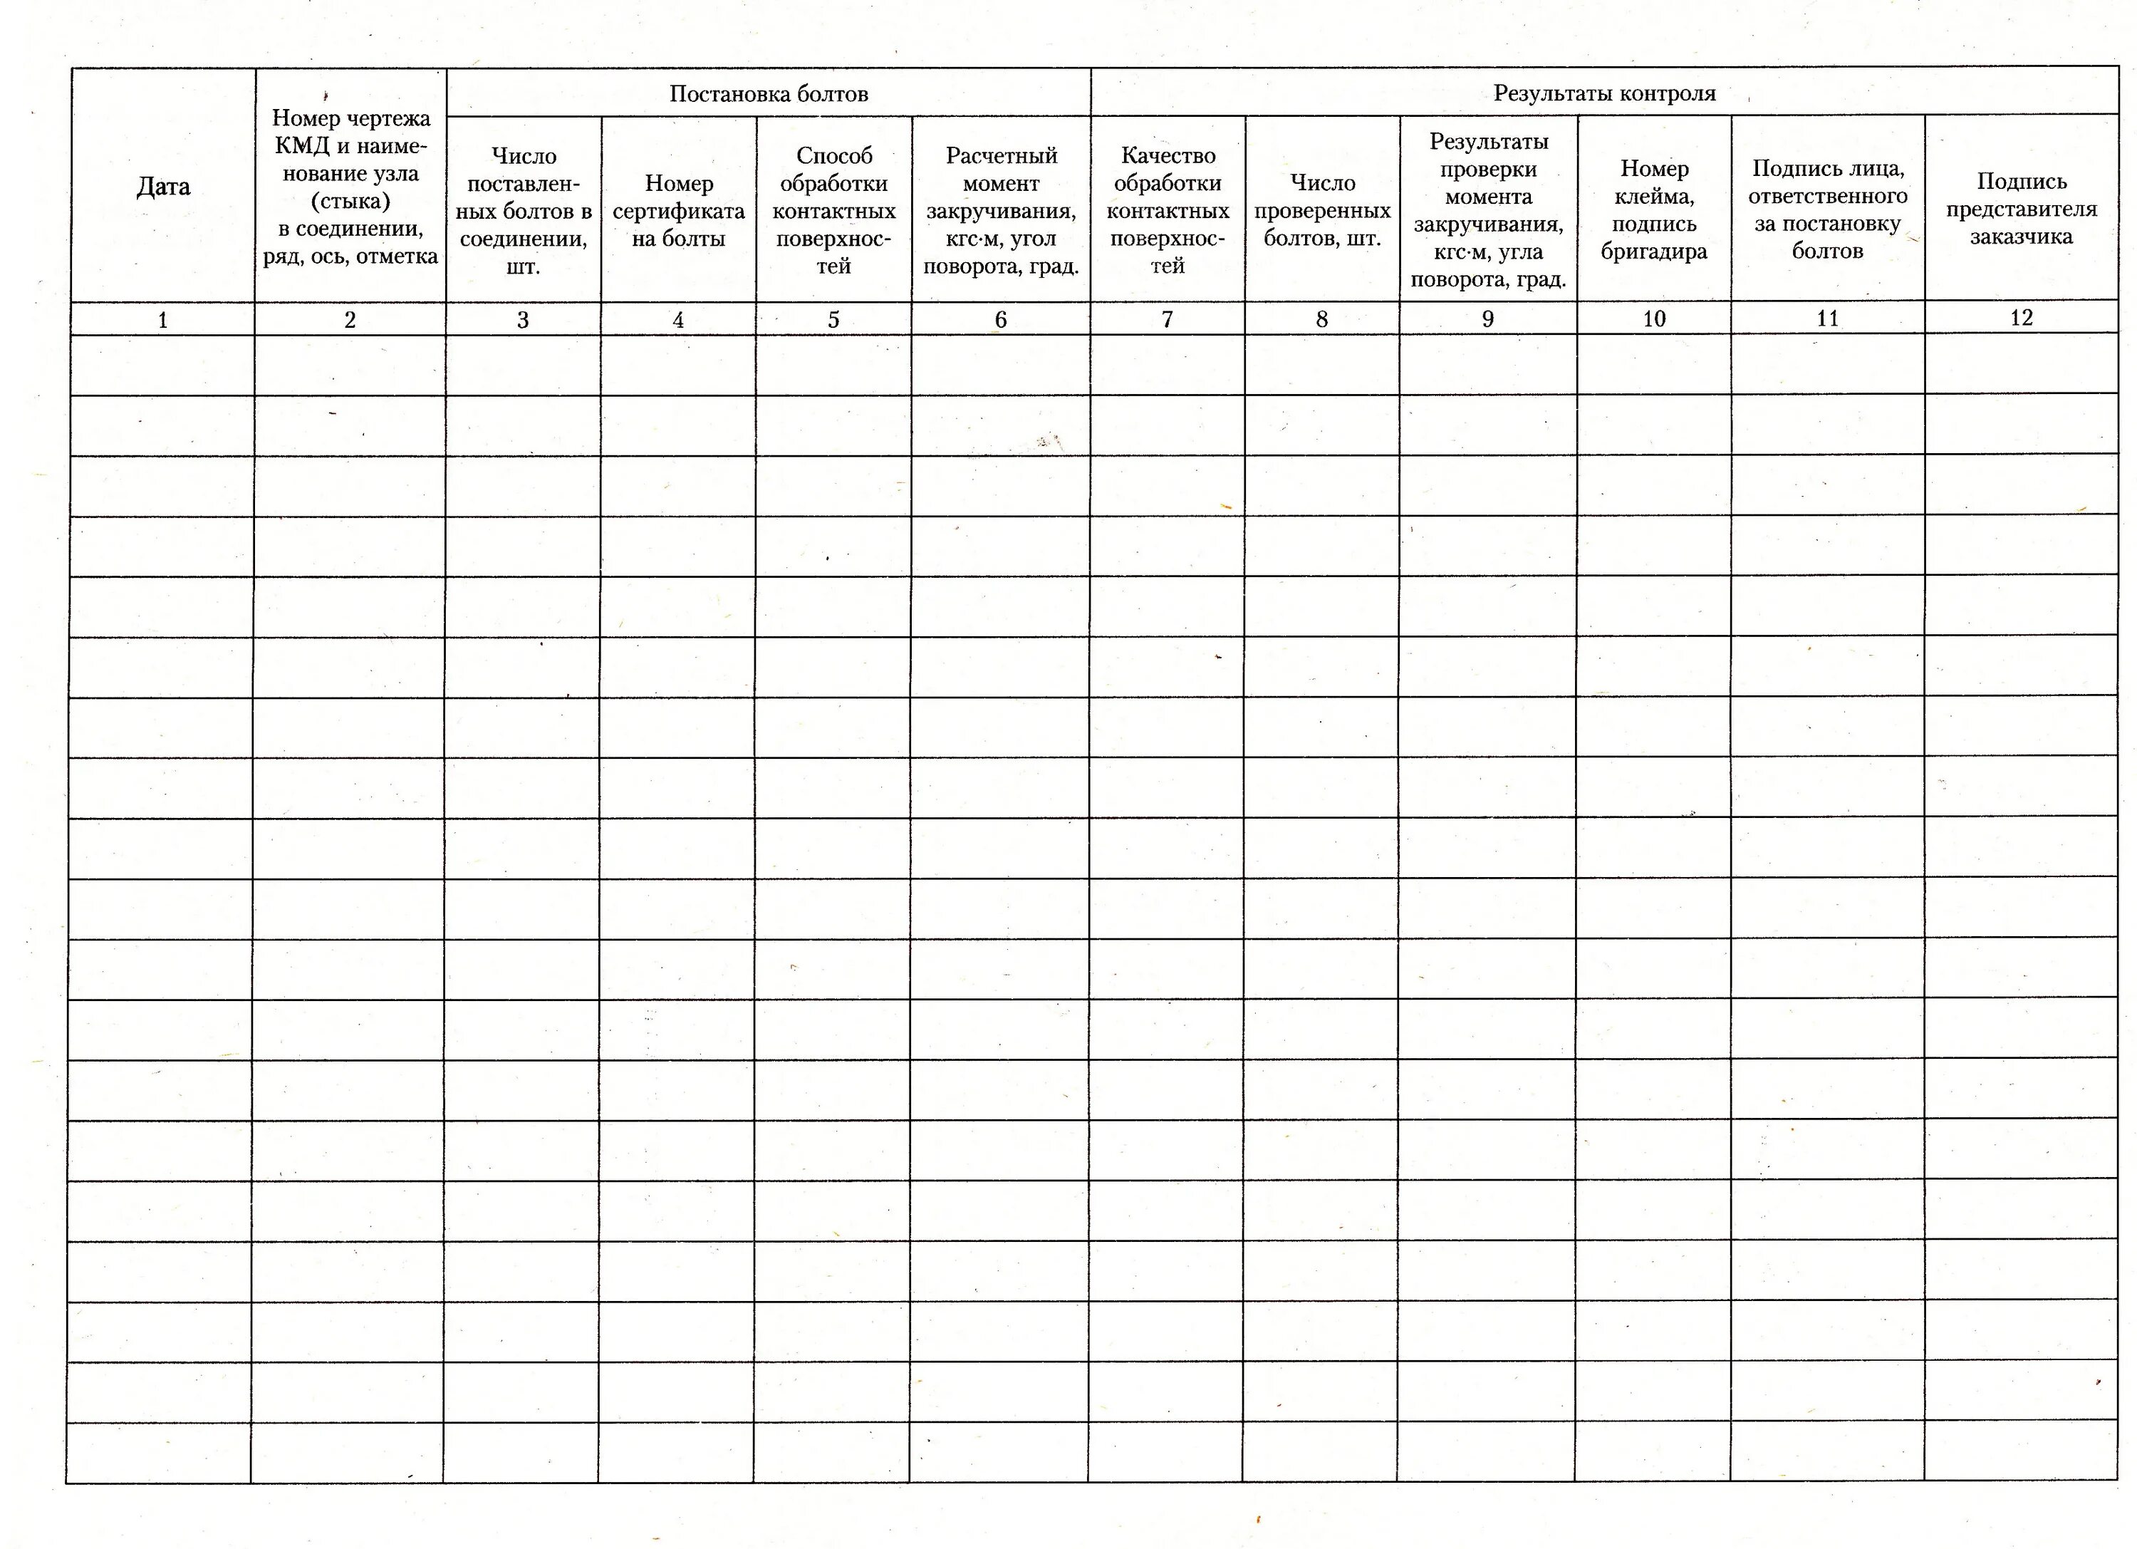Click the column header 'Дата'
click(x=163, y=187)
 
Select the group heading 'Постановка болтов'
click(x=768, y=93)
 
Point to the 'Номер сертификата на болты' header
click(x=678, y=211)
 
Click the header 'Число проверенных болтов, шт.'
click(x=1322, y=211)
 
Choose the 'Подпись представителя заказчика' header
click(x=2021, y=208)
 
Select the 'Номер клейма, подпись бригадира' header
click(x=1653, y=210)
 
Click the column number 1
click(x=162, y=321)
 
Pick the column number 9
click(x=1488, y=319)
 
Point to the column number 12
click(x=2021, y=318)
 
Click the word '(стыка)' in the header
click(x=350, y=201)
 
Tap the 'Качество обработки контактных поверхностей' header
click(x=1168, y=210)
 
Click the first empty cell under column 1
click(x=162, y=365)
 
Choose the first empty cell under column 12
click(x=2021, y=363)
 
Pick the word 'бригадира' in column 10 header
click(x=1653, y=252)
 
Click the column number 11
click(x=1827, y=318)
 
